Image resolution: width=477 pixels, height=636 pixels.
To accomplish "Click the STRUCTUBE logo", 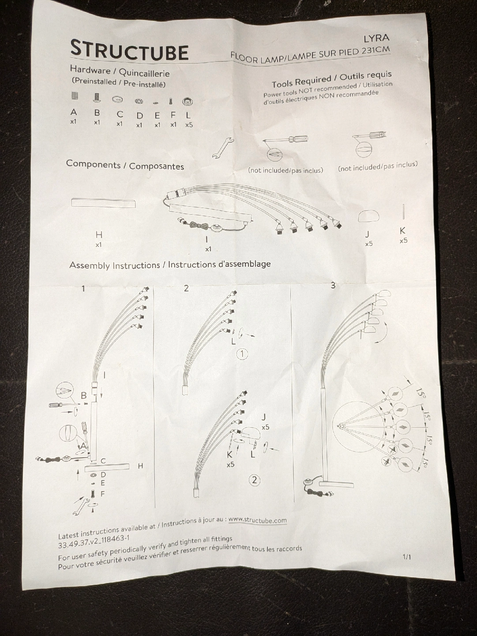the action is [x=129, y=51].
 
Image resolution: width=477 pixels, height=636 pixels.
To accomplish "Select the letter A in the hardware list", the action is [x=74, y=112].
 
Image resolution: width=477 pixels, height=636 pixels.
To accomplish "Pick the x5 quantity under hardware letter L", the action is [x=189, y=125].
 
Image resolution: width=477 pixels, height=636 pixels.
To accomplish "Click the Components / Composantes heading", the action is [x=125, y=165].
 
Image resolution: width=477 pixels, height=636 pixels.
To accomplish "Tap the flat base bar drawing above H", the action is [x=103, y=203].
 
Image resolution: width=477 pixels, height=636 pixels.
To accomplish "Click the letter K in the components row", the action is [x=402, y=231].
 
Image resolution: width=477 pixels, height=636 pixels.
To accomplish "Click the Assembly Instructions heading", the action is [x=170, y=265].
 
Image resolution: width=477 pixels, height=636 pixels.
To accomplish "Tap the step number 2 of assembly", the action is [x=186, y=288].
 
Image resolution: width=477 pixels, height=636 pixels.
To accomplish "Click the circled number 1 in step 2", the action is [x=242, y=354].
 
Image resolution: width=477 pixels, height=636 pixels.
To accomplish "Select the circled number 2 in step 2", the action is [x=255, y=481].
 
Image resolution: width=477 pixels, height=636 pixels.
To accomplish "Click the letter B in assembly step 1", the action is [x=84, y=395].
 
